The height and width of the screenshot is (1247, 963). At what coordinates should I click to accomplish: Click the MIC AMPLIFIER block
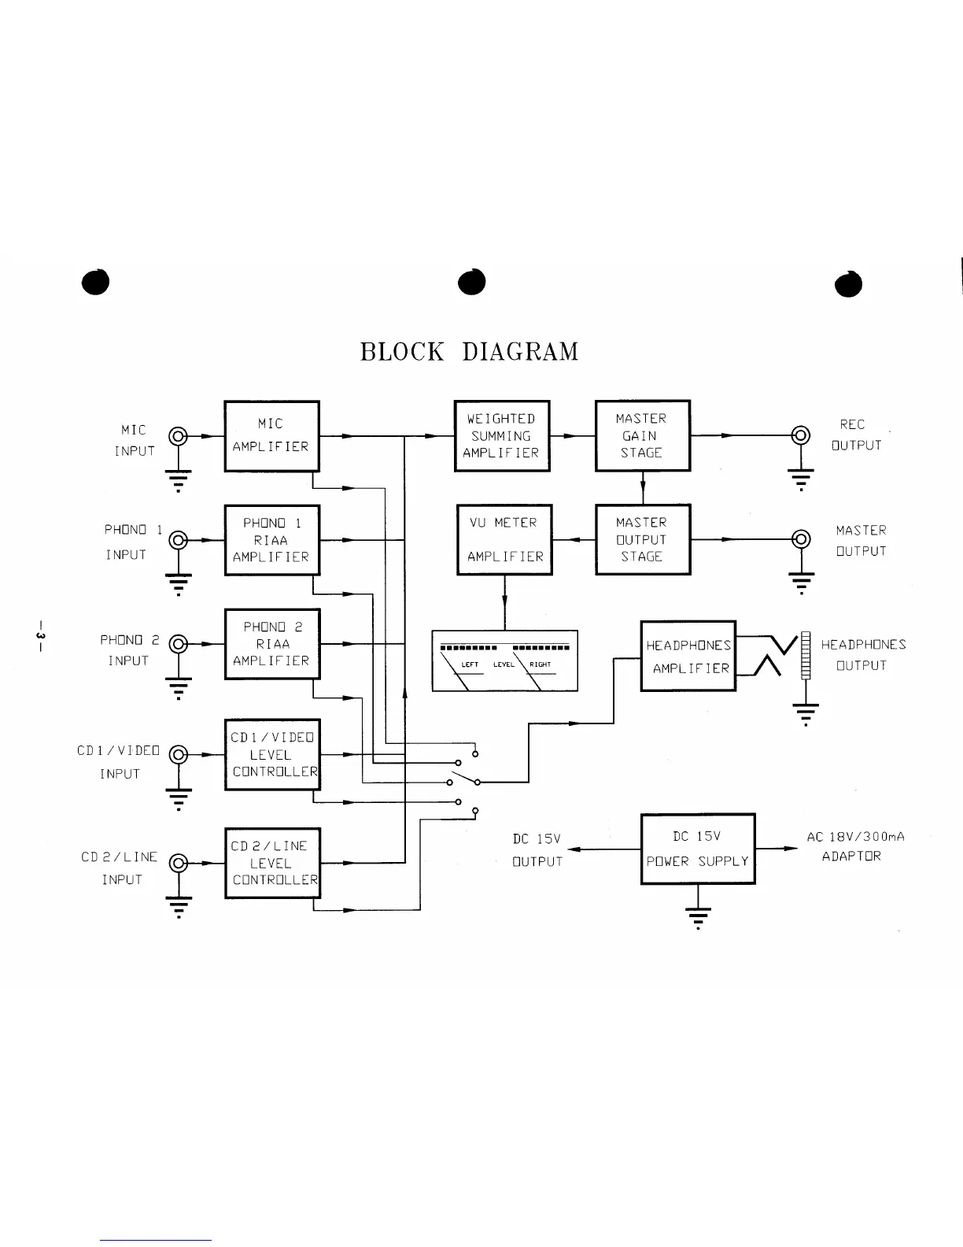(271, 435)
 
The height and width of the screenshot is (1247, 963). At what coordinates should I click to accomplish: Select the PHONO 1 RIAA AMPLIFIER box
(271, 540)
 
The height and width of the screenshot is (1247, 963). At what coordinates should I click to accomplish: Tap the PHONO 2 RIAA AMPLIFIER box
(271, 644)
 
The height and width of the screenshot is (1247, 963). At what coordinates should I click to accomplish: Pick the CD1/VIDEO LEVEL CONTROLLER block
(271, 754)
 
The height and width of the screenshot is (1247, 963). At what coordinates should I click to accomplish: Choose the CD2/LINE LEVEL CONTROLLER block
(271, 863)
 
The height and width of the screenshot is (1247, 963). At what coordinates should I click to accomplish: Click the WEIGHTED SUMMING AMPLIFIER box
(501, 435)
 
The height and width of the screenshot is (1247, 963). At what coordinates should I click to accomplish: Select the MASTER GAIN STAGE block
(642, 435)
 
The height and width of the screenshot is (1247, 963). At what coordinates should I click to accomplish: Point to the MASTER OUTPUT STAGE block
(642, 539)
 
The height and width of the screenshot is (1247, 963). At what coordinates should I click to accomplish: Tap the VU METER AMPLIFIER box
(504, 539)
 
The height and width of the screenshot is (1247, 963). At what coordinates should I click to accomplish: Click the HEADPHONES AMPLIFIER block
(688, 656)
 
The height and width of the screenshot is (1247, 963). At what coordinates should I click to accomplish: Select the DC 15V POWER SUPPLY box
(698, 849)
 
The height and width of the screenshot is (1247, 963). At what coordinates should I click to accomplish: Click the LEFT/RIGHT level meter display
(504, 661)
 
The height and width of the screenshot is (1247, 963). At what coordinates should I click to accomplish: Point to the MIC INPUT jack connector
(179, 435)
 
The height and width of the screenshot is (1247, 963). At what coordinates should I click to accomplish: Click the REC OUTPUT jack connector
(801, 435)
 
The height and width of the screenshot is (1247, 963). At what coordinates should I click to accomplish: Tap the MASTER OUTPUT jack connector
(801, 539)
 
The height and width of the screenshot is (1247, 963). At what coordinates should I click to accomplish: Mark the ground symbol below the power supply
(698, 916)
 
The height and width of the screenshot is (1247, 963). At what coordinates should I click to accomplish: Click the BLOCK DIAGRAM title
(469, 351)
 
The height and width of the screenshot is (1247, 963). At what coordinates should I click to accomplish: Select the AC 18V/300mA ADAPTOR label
(855, 846)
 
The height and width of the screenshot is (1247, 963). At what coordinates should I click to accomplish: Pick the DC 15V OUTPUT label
(537, 850)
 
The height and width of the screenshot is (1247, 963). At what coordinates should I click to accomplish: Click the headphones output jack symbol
(806, 655)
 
